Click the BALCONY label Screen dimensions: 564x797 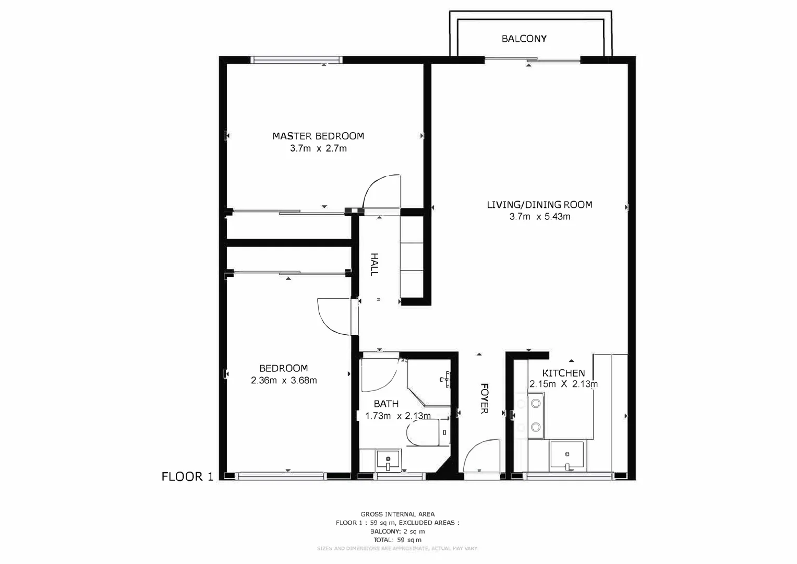[524, 39]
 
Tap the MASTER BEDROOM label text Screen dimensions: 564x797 [318, 136]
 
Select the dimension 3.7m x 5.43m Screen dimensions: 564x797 [539, 217]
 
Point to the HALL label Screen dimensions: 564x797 [374, 264]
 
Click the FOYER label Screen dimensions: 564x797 [484, 398]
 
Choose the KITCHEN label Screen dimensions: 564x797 [563, 373]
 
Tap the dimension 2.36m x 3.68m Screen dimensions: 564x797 [284, 381]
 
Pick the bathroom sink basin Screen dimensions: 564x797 [388, 460]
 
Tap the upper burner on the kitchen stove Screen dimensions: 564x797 [535, 403]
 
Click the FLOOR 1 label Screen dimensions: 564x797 [187, 477]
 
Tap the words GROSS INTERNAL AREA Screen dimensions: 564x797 [397, 514]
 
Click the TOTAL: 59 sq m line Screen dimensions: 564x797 [397, 540]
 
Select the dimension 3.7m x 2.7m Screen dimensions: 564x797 [318, 149]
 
